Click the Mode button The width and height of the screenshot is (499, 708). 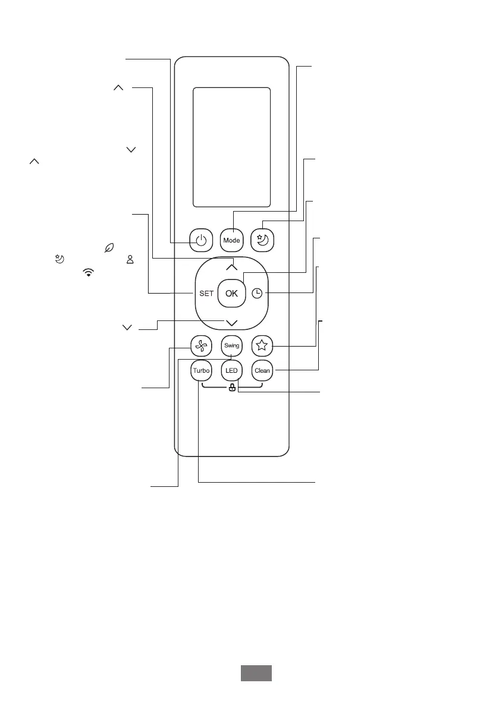click(232, 240)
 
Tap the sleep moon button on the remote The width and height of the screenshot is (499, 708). click(262, 240)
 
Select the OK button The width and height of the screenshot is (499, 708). click(232, 294)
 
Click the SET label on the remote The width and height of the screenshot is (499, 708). click(206, 294)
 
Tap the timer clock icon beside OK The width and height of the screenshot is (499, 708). click(256, 294)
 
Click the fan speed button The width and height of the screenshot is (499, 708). click(201, 347)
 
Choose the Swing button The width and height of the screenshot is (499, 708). click(232, 346)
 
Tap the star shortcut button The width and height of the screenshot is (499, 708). click(262, 346)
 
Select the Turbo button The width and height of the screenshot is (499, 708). click(202, 371)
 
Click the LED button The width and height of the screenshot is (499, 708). click(232, 371)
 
